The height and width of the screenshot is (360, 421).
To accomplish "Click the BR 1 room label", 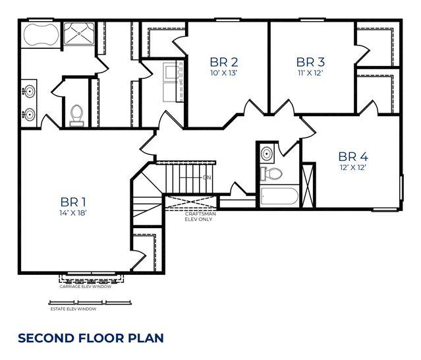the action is [73, 202].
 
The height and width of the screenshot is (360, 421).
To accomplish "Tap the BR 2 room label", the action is [223, 62].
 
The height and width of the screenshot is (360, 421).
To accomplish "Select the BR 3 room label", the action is [310, 62].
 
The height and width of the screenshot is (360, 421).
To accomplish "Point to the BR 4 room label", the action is [353, 156].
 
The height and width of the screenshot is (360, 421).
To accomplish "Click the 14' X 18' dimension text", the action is [72, 213].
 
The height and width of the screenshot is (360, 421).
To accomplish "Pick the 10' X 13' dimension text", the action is [223, 73].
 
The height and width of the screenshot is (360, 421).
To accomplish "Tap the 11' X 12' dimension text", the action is [310, 73].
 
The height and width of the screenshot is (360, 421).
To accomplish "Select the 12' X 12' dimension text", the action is [353, 167].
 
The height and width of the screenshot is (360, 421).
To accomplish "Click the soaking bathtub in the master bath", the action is [42, 35].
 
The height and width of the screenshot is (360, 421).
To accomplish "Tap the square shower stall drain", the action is [79, 34].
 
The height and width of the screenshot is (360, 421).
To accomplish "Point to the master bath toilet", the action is [77, 115].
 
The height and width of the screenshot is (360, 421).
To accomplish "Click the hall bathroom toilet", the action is [271, 174].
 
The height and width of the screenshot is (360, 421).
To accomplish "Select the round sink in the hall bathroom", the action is [266, 154].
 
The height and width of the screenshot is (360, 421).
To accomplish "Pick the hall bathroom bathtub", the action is [279, 196].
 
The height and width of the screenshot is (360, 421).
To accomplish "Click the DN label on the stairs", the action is [207, 177].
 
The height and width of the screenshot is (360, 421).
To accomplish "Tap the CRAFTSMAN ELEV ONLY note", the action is [200, 216].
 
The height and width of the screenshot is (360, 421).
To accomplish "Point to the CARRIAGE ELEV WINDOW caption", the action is [86, 287].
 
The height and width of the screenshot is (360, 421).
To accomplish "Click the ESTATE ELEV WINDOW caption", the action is [73, 309].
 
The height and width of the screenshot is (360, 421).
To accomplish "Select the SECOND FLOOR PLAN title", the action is [91, 338].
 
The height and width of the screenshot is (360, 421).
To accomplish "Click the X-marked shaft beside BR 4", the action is [308, 185].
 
